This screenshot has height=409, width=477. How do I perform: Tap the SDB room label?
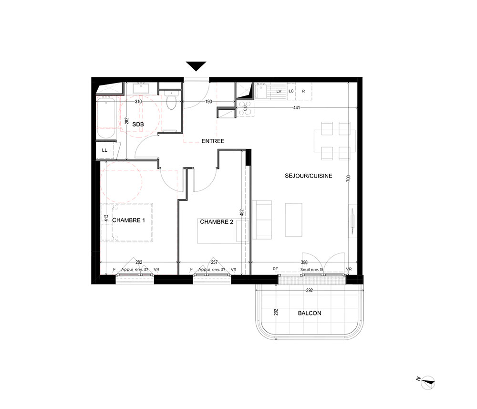click(x=138, y=124)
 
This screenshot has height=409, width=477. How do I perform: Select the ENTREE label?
click(x=213, y=141)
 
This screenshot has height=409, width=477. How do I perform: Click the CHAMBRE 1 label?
click(x=129, y=220)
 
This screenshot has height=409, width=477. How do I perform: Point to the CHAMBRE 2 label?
click(x=217, y=222)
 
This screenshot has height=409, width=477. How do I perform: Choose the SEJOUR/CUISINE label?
click(x=309, y=176)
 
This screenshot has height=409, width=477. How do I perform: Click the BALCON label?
click(x=310, y=313)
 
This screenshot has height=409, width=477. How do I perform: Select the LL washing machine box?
click(x=104, y=150)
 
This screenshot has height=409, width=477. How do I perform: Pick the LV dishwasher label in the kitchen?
click(x=279, y=91)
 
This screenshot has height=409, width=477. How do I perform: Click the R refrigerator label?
click(x=303, y=91)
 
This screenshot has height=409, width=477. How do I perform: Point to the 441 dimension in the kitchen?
click(x=297, y=107)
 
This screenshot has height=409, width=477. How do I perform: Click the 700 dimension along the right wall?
click(x=349, y=178)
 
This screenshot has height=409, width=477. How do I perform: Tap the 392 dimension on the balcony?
click(x=310, y=290)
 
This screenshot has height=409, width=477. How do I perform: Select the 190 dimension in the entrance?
click(x=209, y=102)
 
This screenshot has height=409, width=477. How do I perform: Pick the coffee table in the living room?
click(x=293, y=220)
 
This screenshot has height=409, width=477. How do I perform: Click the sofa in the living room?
click(x=261, y=220)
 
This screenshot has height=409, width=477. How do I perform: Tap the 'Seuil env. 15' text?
click(x=312, y=269)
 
